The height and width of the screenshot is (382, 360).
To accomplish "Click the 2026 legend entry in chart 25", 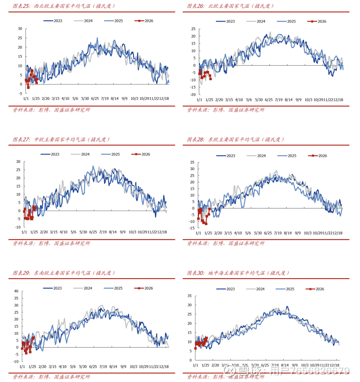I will tap(144, 21).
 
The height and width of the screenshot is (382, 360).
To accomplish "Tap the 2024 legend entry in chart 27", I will tap(80, 154).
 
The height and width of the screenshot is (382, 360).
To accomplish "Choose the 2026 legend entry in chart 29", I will tap(144, 288).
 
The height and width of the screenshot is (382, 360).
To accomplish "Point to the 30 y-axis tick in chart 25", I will tap(20, 29).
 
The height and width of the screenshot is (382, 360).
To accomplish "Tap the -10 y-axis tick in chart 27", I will tap(18, 227).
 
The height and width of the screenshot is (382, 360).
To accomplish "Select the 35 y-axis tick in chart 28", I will tap(192, 163).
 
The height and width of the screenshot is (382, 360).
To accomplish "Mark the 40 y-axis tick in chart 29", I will tap(16, 291).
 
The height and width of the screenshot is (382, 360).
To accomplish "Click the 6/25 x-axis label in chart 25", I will tap(95, 99).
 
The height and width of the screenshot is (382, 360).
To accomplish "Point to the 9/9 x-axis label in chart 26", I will tap(298, 100).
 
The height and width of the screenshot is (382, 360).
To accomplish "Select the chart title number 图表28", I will tap(196, 140).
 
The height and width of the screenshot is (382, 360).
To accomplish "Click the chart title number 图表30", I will tap(196, 273).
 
